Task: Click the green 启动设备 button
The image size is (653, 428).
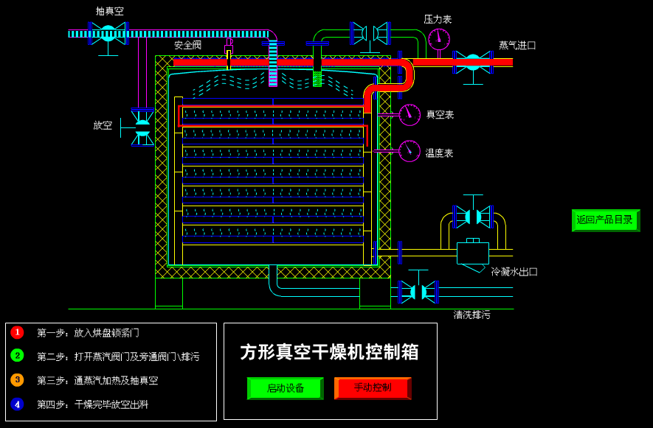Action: click(x=285, y=388)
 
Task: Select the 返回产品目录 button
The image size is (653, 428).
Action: click(x=605, y=220)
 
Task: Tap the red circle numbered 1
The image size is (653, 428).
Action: click(x=17, y=332)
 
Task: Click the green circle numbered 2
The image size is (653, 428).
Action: click(x=17, y=356)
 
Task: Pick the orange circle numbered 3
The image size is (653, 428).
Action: click(x=17, y=380)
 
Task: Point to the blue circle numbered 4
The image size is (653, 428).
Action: click(x=17, y=404)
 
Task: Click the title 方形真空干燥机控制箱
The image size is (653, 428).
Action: click(x=329, y=352)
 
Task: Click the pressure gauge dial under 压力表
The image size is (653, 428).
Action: click(x=438, y=39)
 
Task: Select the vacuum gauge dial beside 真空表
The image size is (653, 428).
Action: click(x=410, y=115)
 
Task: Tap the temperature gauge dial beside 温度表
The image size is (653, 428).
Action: click(x=410, y=151)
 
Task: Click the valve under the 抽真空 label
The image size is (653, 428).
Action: click(x=108, y=33)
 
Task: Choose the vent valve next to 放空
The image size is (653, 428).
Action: click(x=142, y=127)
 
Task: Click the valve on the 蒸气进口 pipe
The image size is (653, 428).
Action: click(x=473, y=62)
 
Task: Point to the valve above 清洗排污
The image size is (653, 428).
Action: click(x=418, y=292)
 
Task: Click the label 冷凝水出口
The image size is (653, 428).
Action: click(x=514, y=272)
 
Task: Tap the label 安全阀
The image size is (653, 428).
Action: click(x=187, y=46)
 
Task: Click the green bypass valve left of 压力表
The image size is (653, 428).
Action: click(x=370, y=33)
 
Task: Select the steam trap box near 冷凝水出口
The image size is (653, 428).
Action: click(x=472, y=253)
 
